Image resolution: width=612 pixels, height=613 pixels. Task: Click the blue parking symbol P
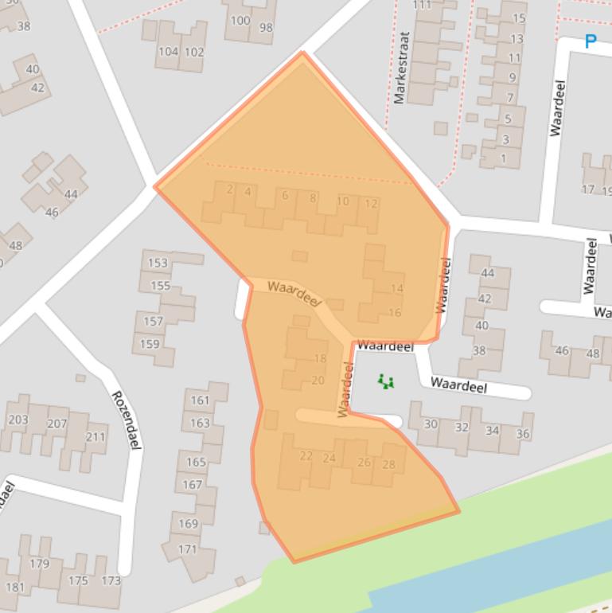pos(590,41)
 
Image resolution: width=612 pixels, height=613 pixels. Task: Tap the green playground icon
pos(386,381)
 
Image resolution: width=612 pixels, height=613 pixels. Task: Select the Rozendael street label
pos(126,420)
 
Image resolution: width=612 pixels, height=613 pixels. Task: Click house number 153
pos(158,263)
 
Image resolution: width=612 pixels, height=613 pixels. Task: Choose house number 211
pos(96,436)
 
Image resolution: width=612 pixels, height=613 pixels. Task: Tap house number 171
pos(187,549)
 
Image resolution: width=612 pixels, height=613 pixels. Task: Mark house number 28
pos(388,465)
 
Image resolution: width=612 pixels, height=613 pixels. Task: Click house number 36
pos(522,433)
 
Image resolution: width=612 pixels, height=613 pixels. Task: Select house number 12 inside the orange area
pos(370,203)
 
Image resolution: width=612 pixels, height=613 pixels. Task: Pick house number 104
pos(168,52)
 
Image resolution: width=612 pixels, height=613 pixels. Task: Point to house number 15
pos(519,18)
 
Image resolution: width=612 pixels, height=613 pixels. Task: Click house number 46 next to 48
pos(562,350)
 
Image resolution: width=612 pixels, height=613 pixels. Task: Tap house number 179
pos(39,564)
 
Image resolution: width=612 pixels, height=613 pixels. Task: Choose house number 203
pos(18,420)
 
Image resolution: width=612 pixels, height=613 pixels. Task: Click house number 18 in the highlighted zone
pos(320,358)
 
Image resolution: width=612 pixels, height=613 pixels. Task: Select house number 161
pos(200,400)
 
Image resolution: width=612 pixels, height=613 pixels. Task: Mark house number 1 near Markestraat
pos(503,158)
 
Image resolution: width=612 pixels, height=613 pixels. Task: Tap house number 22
pos(306,455)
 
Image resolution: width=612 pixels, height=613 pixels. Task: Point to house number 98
pos(266,28)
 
